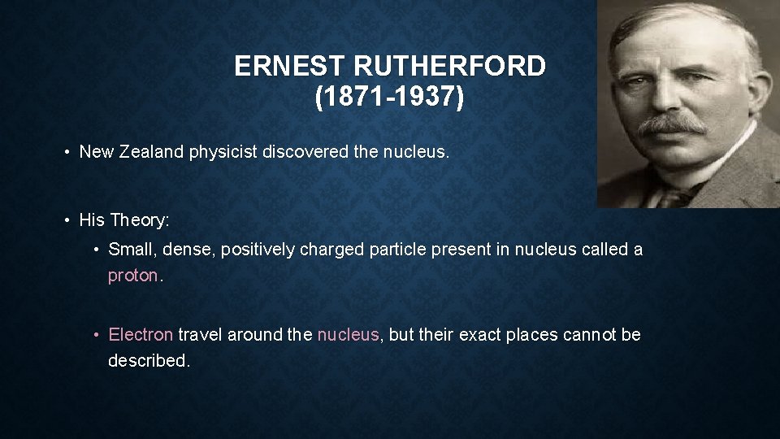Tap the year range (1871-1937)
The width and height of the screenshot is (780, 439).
(390, 98)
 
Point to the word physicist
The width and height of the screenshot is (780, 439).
(223, 151)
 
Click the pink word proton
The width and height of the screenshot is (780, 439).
(133, 276)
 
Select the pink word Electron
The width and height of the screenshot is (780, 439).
(141, 335)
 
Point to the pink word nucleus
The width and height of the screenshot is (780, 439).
(348, 335)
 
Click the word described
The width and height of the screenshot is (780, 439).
(149, 361)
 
